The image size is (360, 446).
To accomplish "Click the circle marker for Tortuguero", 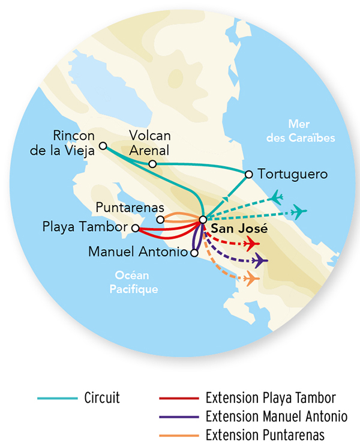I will click(248, 175).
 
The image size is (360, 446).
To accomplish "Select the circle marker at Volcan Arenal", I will click(152, 164).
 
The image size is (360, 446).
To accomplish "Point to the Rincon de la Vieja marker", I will click(103, 146).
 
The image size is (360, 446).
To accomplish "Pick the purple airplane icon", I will click(260, 261).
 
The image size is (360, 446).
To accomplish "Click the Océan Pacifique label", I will click(134, 283).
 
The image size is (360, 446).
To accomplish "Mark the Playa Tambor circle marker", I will click(136, 228).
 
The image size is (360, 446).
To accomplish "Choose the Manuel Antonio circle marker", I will click(193, 253).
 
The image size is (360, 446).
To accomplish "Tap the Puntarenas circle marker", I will click(160, 219).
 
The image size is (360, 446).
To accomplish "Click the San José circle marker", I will click(203, 219).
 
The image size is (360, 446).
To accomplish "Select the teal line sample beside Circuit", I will click(57, 398).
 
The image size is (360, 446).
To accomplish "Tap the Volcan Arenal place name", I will click(150, 143).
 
